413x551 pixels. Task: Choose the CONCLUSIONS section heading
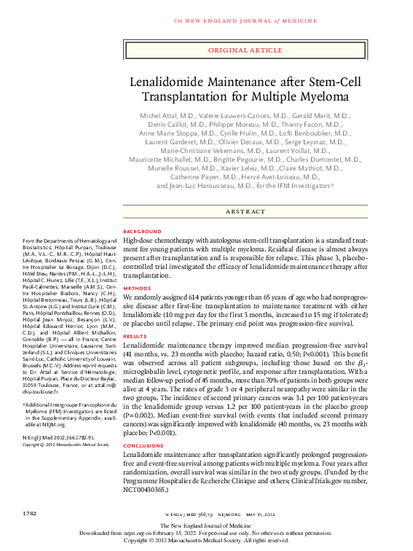143,445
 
